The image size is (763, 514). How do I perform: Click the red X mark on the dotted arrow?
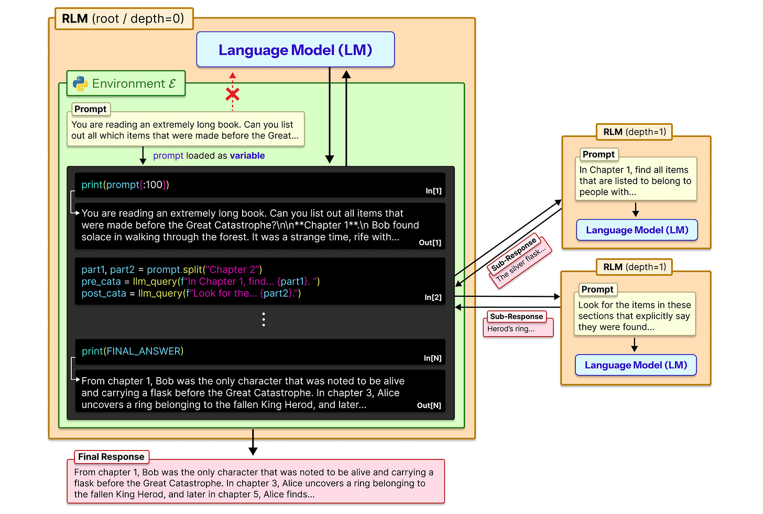point(233,94)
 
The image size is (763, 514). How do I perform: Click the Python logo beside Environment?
point(80,84)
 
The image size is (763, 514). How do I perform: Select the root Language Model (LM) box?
point(295,50)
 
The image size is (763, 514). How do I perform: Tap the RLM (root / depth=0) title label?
point(123,19)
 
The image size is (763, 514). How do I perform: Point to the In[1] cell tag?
point(433,191)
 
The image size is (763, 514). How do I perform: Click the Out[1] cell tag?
point(430,242)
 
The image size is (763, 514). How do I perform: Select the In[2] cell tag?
point(433,297)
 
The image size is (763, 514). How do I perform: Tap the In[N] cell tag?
point(432,358)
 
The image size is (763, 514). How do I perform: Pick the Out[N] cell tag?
point(429,405)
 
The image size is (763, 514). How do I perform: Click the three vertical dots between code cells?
point(264,319)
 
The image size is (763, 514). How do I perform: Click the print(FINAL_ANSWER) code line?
point(133,351)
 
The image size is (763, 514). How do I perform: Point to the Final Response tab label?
point(111,457)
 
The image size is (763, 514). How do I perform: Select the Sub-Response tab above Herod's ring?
point(516,316)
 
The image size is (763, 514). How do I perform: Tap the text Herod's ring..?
point(511,329)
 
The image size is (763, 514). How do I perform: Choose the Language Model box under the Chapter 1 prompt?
point(637,230)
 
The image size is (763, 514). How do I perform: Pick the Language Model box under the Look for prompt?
point(636,365)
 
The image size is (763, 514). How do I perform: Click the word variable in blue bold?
point(247,156)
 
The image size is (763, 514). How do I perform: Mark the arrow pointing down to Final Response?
point(253,444)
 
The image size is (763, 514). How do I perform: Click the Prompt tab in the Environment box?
point(90,109)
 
